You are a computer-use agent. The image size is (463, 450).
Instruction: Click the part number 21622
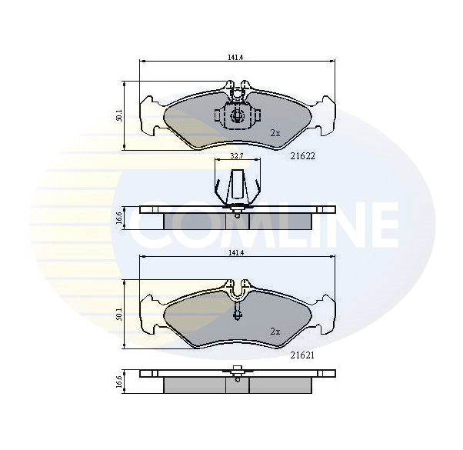point(303,156)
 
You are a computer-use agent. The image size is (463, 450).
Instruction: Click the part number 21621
point(302,355)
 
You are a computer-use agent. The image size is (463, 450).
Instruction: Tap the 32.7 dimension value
point(237,156)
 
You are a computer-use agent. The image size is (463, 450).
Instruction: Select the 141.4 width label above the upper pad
point(235,58)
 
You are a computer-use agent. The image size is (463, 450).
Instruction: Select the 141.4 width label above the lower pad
point(235,253)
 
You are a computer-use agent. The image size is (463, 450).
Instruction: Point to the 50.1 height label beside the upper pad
point(118,115)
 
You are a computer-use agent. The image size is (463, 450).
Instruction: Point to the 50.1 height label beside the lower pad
point(118,314)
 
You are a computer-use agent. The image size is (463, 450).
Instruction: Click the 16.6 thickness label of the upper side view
point(118,218)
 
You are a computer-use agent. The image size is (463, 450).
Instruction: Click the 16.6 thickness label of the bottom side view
point(118,382)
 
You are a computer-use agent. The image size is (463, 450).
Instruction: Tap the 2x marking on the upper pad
point(275,133)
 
